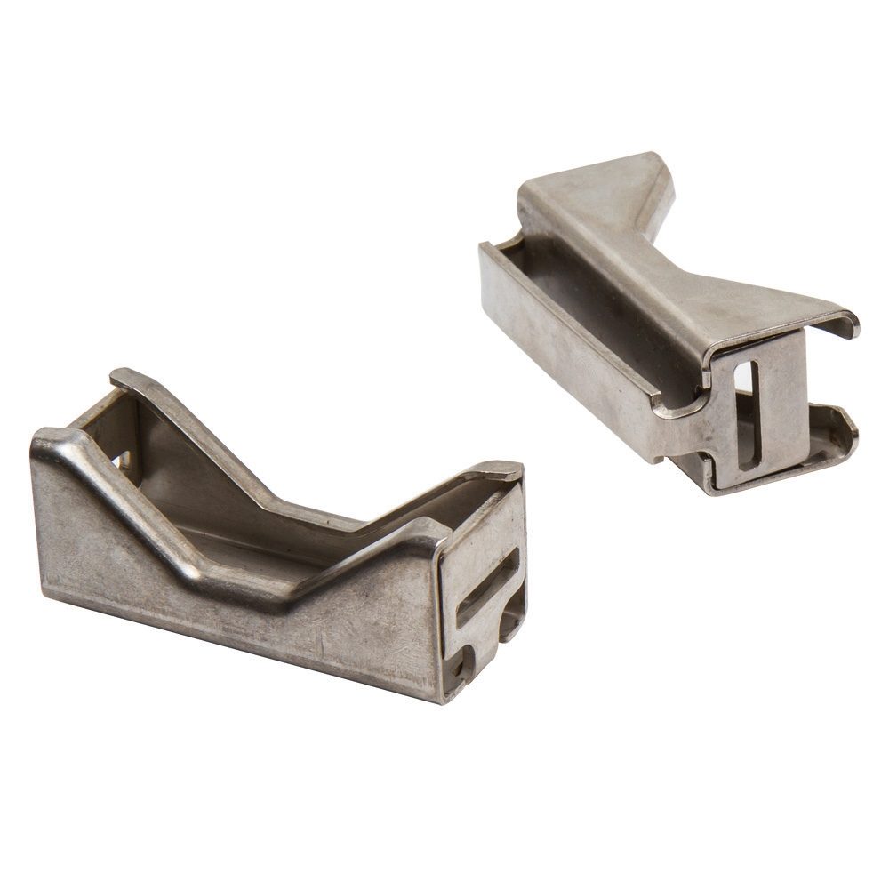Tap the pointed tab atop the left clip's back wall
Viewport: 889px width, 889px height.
click(124, 378)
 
